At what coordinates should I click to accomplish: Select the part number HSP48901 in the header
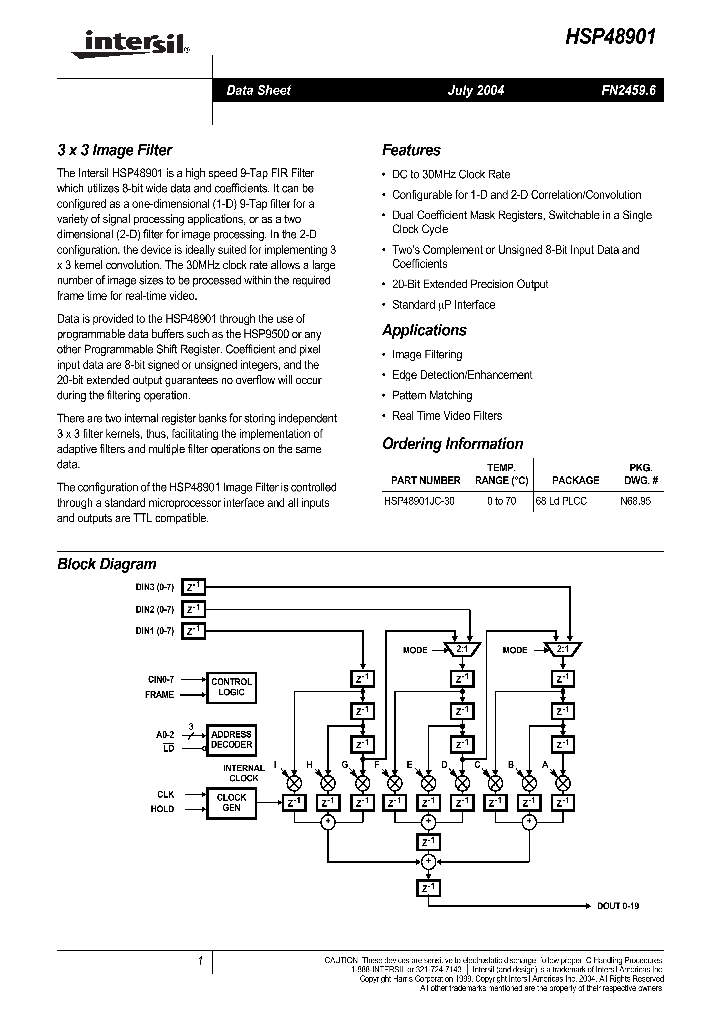612,34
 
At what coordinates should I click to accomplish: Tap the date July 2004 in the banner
475,90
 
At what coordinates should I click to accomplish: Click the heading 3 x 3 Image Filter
114,151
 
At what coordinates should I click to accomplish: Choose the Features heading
411,151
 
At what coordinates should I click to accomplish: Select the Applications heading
424,330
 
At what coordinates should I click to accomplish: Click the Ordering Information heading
452,444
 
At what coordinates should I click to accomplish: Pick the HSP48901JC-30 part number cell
419,500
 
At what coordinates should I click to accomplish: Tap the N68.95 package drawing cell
635,500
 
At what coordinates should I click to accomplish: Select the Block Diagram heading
107,564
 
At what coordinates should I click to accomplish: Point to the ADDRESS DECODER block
231,740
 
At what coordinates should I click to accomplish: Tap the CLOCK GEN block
231,802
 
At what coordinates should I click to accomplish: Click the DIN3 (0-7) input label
155,587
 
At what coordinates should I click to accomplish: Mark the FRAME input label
159,695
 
